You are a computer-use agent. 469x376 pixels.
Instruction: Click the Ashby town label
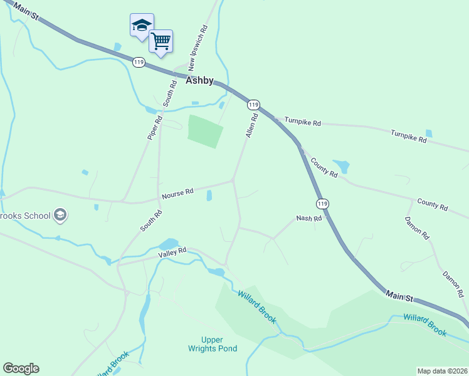point(200,81)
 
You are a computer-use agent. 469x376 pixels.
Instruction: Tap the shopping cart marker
point(161,41)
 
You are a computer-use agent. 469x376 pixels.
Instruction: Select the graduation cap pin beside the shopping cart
point(142,26)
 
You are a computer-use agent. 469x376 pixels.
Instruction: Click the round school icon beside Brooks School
point(60,216)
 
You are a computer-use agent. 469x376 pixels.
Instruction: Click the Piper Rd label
point(155,127)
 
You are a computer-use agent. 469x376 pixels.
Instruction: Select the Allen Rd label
point(251,126)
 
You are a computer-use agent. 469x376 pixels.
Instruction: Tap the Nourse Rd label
point(177,194)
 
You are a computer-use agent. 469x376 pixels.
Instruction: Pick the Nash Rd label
point(308,219)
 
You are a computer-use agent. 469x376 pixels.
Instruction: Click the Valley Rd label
point(172,251)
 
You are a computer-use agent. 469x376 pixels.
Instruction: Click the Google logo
point(21,368)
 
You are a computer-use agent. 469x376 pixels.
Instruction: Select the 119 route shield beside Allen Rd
point(253,105)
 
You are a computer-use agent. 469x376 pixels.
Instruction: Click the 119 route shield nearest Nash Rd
point(322,204)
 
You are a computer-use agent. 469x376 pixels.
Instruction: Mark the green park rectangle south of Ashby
point(205,131)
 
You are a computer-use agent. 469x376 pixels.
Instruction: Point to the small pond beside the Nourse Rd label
point(209,196)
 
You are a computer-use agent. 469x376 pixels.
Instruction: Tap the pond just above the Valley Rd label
point(168,243)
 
